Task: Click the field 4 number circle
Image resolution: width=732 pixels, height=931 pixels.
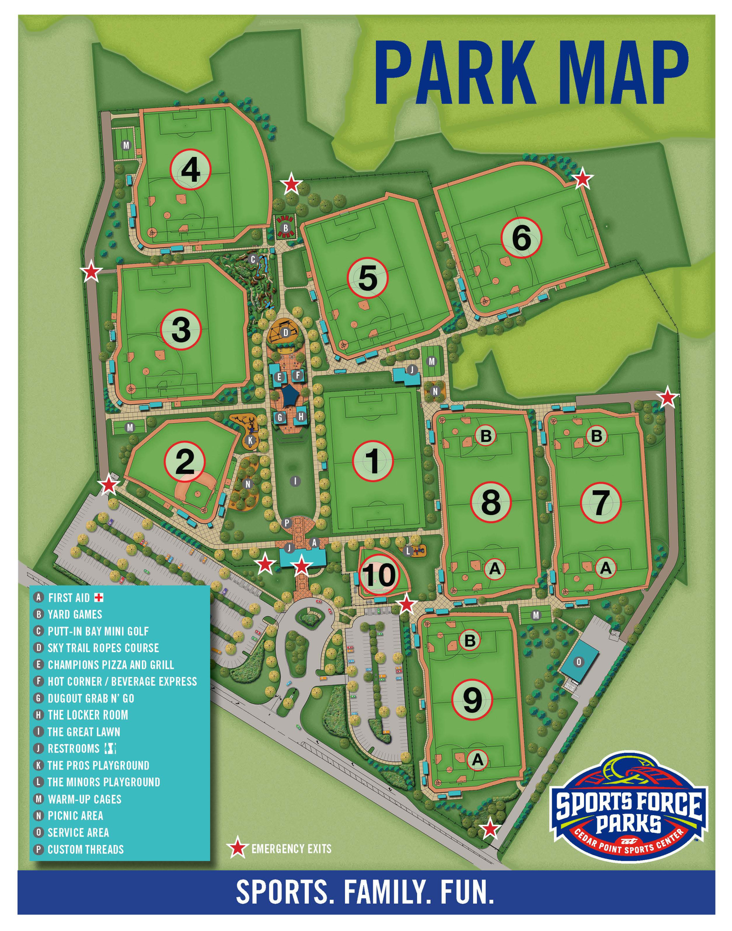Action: coord(191,170)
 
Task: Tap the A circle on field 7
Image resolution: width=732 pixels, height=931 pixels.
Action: coord(605,568)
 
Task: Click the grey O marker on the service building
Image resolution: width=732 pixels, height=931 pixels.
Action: coord(579,662)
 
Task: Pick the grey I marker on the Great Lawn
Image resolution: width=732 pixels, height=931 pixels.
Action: coord(295,481)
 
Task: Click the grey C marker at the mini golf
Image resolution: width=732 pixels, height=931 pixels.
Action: coord(253,259)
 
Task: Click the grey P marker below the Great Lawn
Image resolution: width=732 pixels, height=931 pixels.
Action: coord(287,523)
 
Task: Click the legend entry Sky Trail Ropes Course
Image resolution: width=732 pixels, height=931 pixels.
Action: coord(103,648)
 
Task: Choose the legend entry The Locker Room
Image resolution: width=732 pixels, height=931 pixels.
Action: coord(87,714)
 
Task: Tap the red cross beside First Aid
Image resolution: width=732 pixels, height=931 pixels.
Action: coord(100,597)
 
